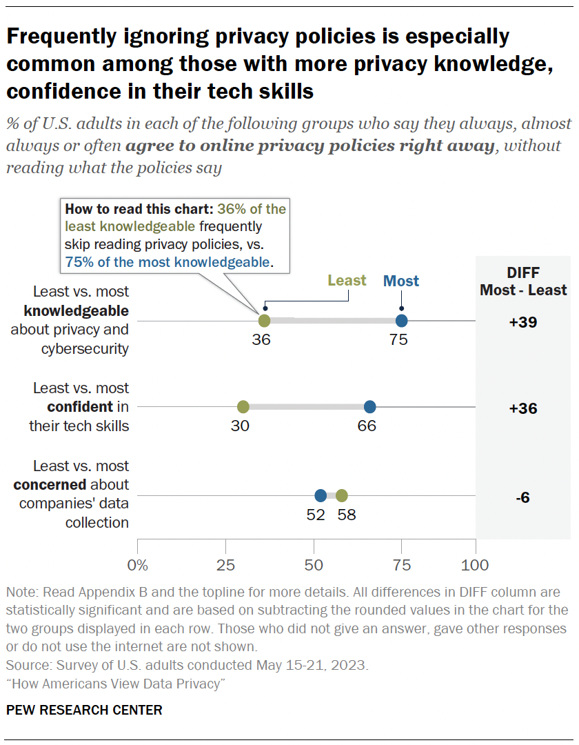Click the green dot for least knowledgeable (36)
(264, 321)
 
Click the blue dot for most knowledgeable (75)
(401, 321)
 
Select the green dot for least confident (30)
(243, 407)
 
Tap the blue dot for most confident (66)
(369, 407)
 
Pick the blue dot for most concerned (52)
(321, 495)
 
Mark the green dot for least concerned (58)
(341, 495)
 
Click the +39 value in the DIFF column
(522, 322)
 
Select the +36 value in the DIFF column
(522, 408)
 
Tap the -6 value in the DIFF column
(522, 497)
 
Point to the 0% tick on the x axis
(139, 566)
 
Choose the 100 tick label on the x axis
(474, 566)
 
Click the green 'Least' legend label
(347, 281)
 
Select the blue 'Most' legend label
(401, 281)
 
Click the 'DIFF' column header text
(523, 271)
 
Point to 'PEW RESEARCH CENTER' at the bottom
(84, 710)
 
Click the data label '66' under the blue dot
(367, 426)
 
